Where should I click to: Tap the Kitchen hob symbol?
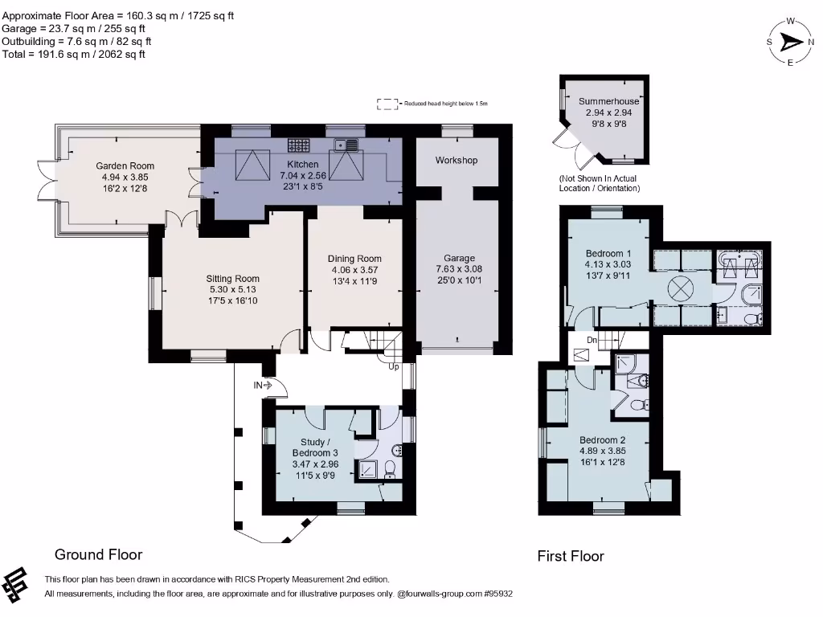pos(299,146)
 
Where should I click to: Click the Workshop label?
pos(457,161)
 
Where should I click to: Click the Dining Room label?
pos(354,259)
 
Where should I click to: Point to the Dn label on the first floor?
pos(592,340)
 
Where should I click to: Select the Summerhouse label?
pos(608,102)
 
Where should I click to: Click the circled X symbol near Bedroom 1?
pos(682,288)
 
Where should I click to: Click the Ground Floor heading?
pos(98,554)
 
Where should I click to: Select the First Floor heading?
pos(571,556)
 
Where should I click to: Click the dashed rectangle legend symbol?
pos(388,104)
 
